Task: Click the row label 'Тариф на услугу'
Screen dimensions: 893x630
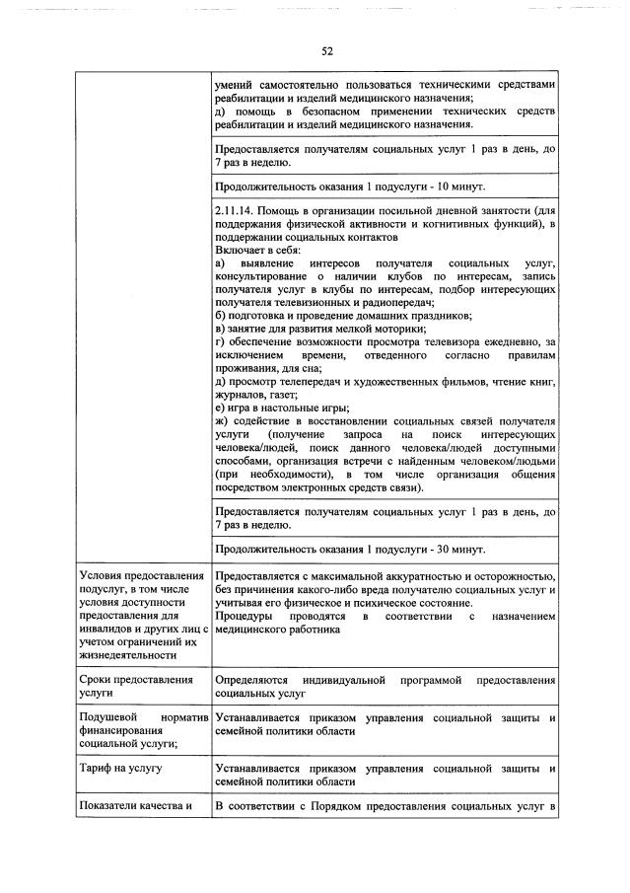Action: [120, 767]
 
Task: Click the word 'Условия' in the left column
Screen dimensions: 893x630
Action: [104, 575]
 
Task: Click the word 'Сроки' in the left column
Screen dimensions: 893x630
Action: [97, 682]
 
